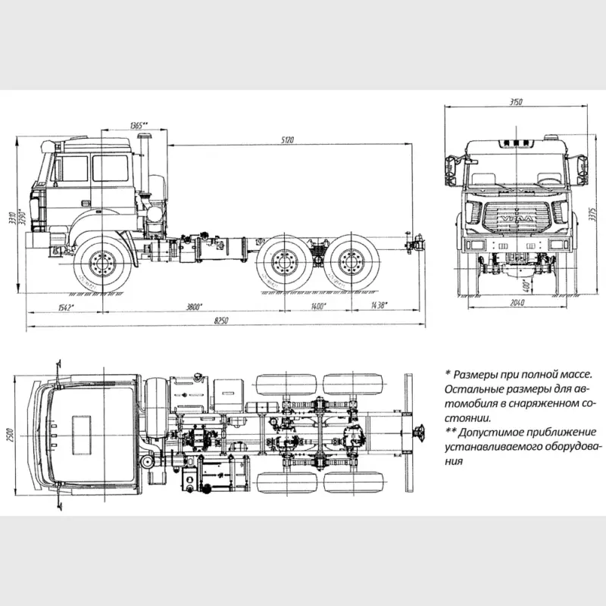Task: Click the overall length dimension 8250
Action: coord(220,322)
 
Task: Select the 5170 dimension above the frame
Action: coord(287,139)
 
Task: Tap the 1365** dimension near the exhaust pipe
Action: coord(139,124)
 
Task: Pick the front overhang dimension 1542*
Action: coord(66,306)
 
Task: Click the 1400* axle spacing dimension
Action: coord(317,306)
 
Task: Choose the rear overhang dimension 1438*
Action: coord(379,306)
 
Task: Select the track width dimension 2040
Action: coord(517,303)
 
